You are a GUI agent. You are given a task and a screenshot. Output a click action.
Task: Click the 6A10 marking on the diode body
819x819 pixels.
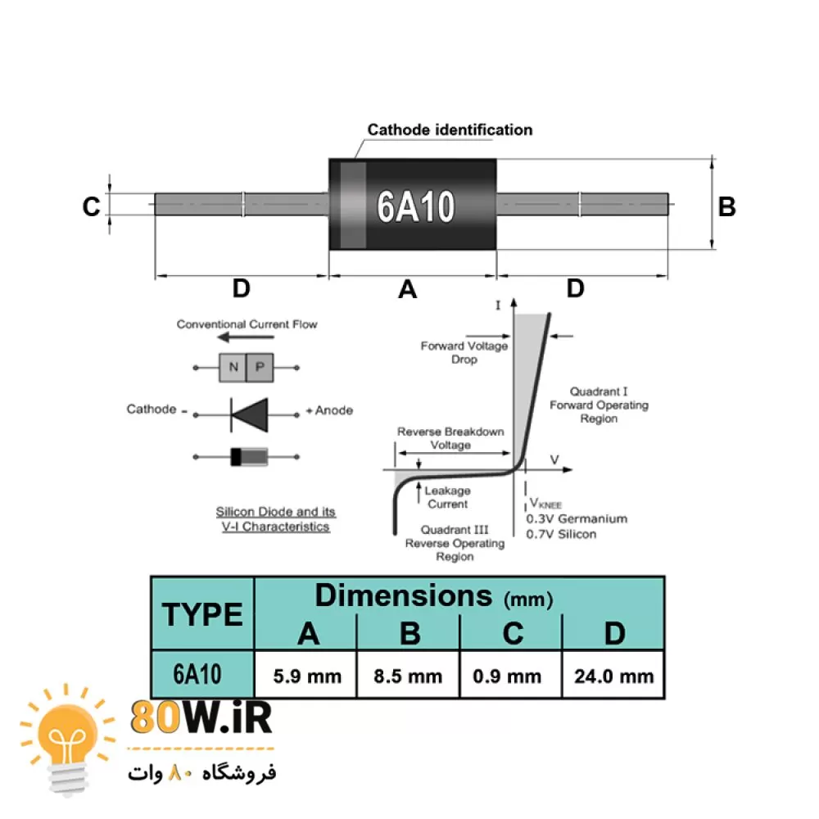[415, 206]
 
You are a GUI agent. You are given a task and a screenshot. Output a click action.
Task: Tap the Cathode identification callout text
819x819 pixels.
[450, 129]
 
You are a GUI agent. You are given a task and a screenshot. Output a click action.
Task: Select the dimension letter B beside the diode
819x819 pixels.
[726, 206]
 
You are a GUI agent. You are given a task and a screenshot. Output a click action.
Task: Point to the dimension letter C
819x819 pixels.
[91, 206]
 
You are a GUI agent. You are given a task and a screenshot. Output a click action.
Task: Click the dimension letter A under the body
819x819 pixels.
[407, 289]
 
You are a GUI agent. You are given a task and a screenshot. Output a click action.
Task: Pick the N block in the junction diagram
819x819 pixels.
[233, 368]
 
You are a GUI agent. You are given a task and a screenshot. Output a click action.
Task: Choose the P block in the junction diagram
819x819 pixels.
[260, 368]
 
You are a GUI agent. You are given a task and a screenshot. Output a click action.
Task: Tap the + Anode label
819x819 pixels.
[329, 410]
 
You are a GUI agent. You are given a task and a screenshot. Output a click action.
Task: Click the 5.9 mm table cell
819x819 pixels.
[305, 676]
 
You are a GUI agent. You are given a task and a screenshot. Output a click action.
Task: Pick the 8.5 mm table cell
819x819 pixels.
[408, 676]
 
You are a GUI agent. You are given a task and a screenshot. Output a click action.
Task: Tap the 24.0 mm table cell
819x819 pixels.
[613, 676]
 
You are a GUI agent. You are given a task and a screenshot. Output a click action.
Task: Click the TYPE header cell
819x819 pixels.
[202, 613]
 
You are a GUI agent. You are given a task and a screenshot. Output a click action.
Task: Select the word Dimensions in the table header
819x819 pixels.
[404, 595]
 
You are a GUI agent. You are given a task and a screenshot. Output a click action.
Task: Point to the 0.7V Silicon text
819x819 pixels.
[561, 534]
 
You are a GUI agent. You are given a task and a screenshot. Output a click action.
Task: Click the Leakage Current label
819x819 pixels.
[447, 497]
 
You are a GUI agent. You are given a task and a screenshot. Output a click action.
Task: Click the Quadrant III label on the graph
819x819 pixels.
[455, 530]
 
